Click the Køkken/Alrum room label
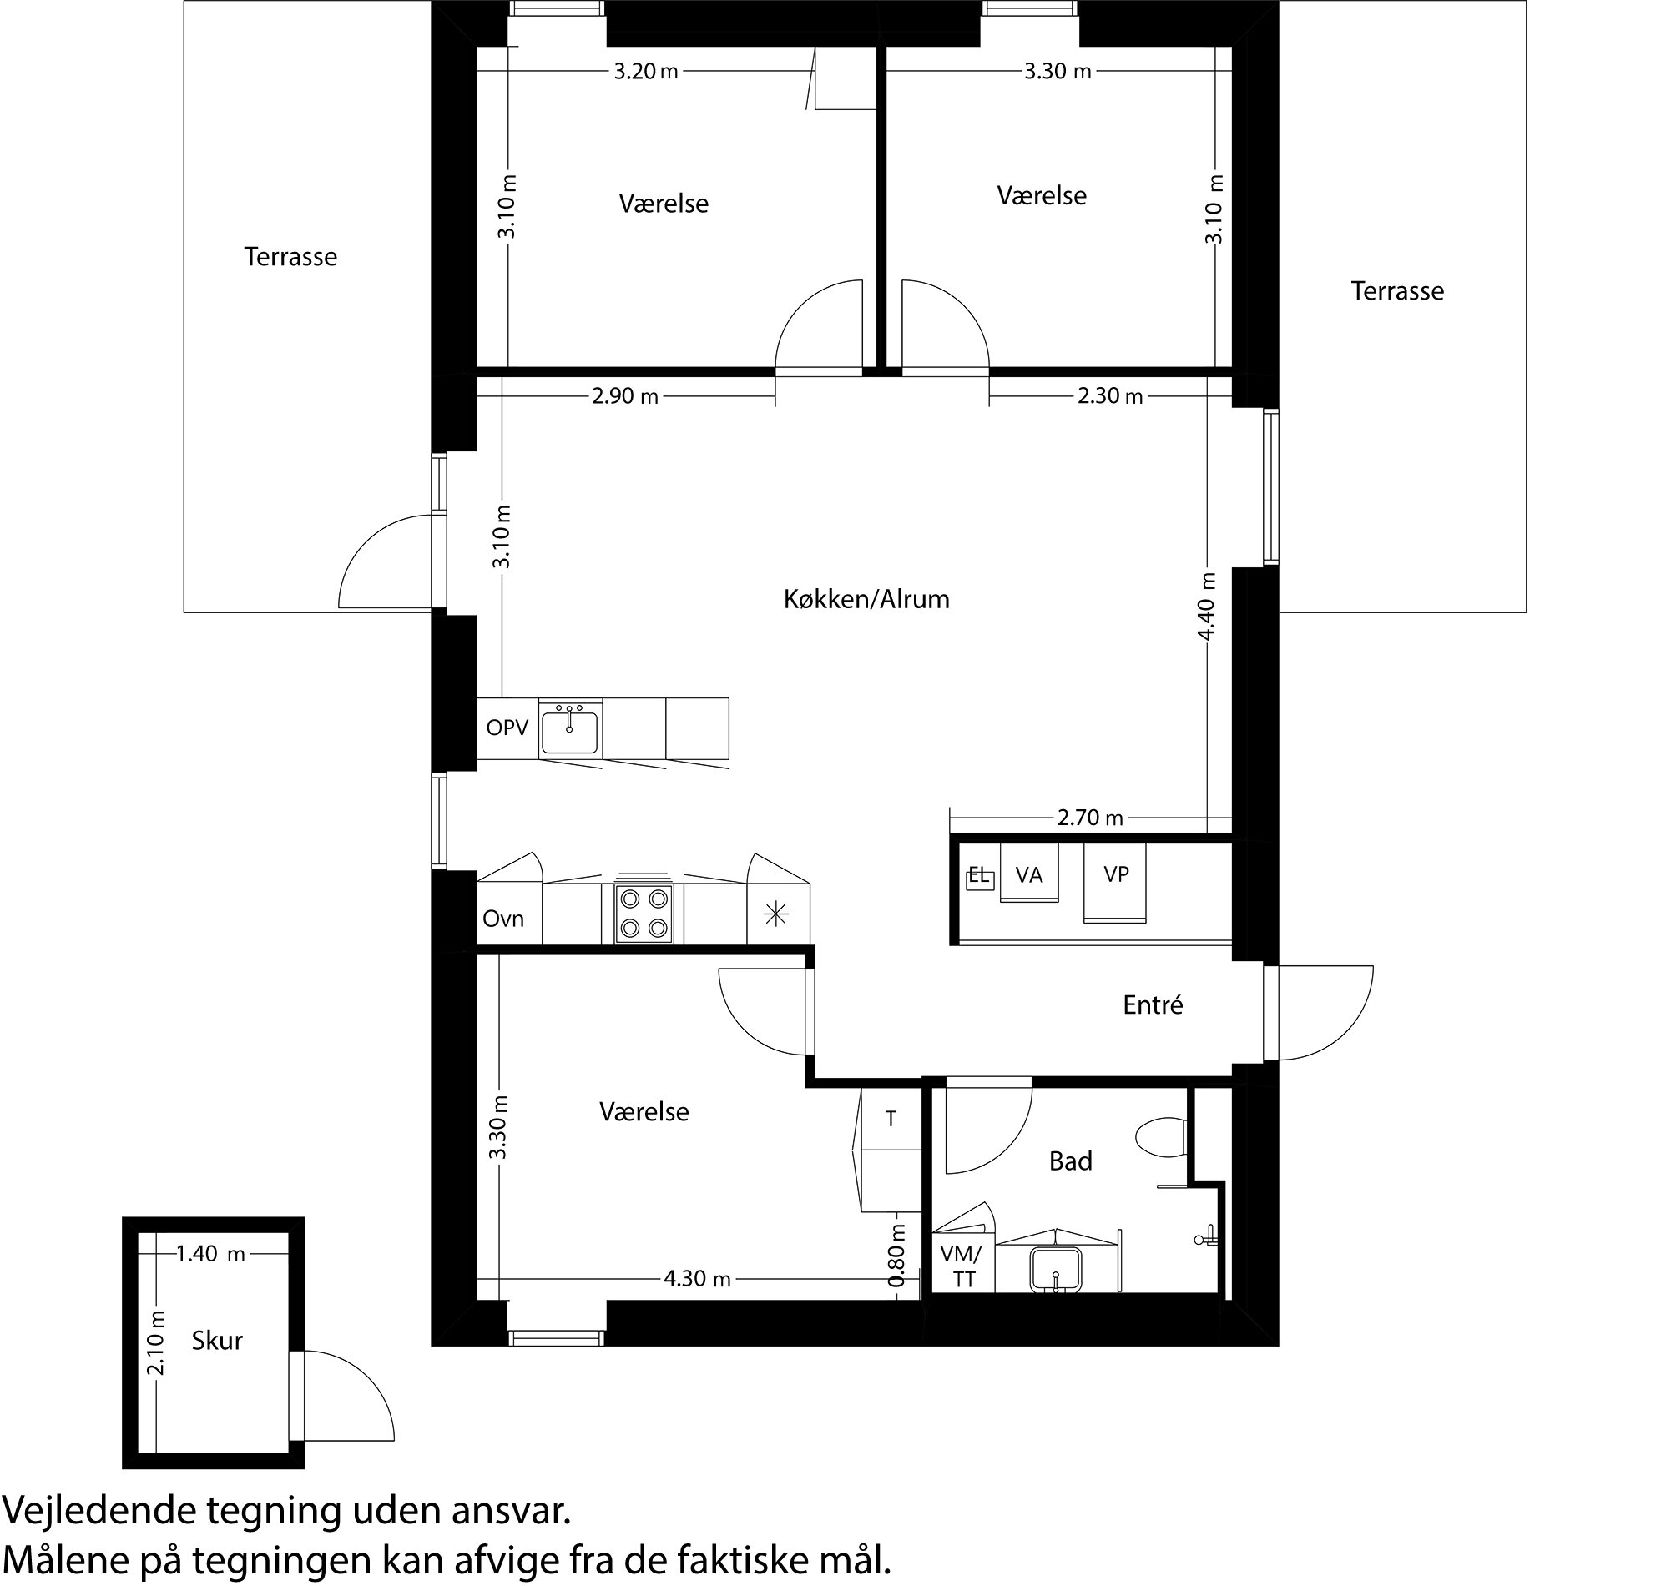point(866,599)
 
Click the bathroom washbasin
point(1055,1270)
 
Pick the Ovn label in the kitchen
point(503,919)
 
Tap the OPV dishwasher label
point(507,727)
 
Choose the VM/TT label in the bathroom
point(962,1266)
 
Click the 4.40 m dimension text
point(1207,607)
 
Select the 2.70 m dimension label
point(1090,818)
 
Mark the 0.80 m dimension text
point(898,1256)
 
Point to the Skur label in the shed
point(216,1340)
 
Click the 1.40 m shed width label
point(210,1254)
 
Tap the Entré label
point(1153,1005)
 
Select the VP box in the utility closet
point(1116,875)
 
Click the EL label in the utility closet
point(978,876)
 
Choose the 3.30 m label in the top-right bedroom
point(1057,72)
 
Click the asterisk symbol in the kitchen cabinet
point(775,914)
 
